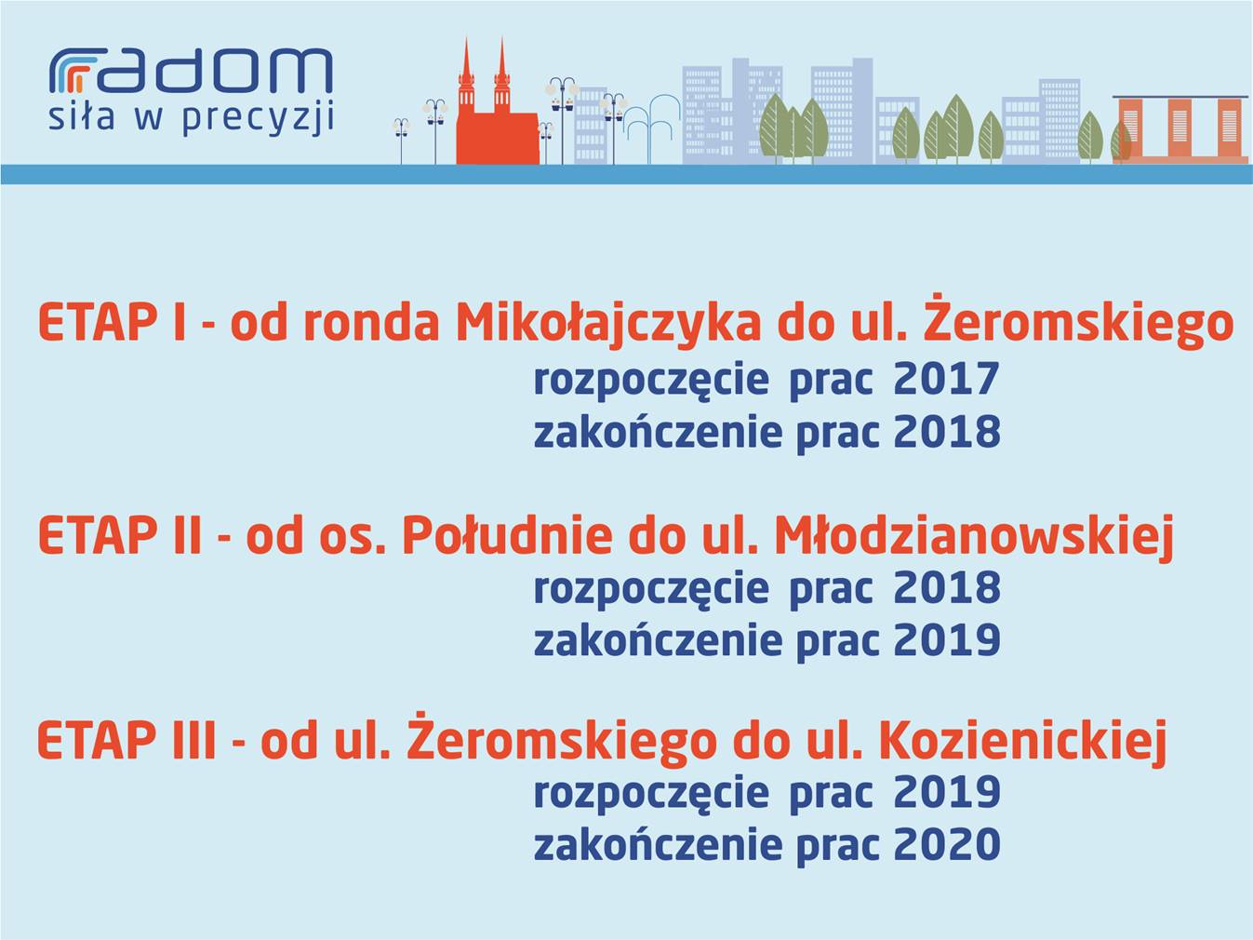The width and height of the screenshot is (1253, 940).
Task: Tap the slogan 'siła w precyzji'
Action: (x=192, y=119)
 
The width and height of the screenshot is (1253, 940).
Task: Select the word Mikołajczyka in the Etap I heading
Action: (x=608, y=325)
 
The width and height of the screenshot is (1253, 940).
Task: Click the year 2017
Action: (x=946, y=379)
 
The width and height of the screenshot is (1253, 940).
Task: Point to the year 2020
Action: (x=947, y=845)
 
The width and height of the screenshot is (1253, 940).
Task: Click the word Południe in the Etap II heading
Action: (x=507, y=536)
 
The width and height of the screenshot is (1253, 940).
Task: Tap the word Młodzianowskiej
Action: (x=973, y=537)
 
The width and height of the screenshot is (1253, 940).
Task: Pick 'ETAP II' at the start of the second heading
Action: (x=119, y=536)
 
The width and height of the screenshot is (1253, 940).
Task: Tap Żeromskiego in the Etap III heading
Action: (x=562, y=738)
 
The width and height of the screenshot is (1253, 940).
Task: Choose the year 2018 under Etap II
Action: (x=947, y=587)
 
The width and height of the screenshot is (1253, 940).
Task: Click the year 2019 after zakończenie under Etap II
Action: (x=947, y=640)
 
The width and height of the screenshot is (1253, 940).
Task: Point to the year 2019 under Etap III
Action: (x=947, y=792)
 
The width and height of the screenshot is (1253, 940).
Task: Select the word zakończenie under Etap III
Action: (x=659, y=845)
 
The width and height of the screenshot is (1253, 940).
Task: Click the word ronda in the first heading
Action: (x=371, y=325)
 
